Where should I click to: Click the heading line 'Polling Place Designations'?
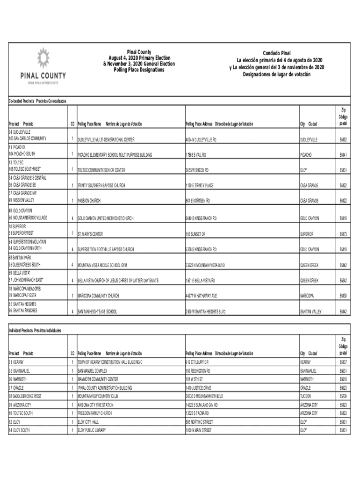139,70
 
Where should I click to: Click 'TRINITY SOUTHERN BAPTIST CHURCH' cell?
101,186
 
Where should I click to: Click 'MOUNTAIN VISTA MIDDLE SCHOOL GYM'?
102,265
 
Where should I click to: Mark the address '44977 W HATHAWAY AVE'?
201,296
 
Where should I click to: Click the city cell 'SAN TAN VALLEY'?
311,312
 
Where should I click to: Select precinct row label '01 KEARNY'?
16,362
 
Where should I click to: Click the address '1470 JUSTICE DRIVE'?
198,388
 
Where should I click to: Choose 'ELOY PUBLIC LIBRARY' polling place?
93,429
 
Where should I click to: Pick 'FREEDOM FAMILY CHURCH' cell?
95,413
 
